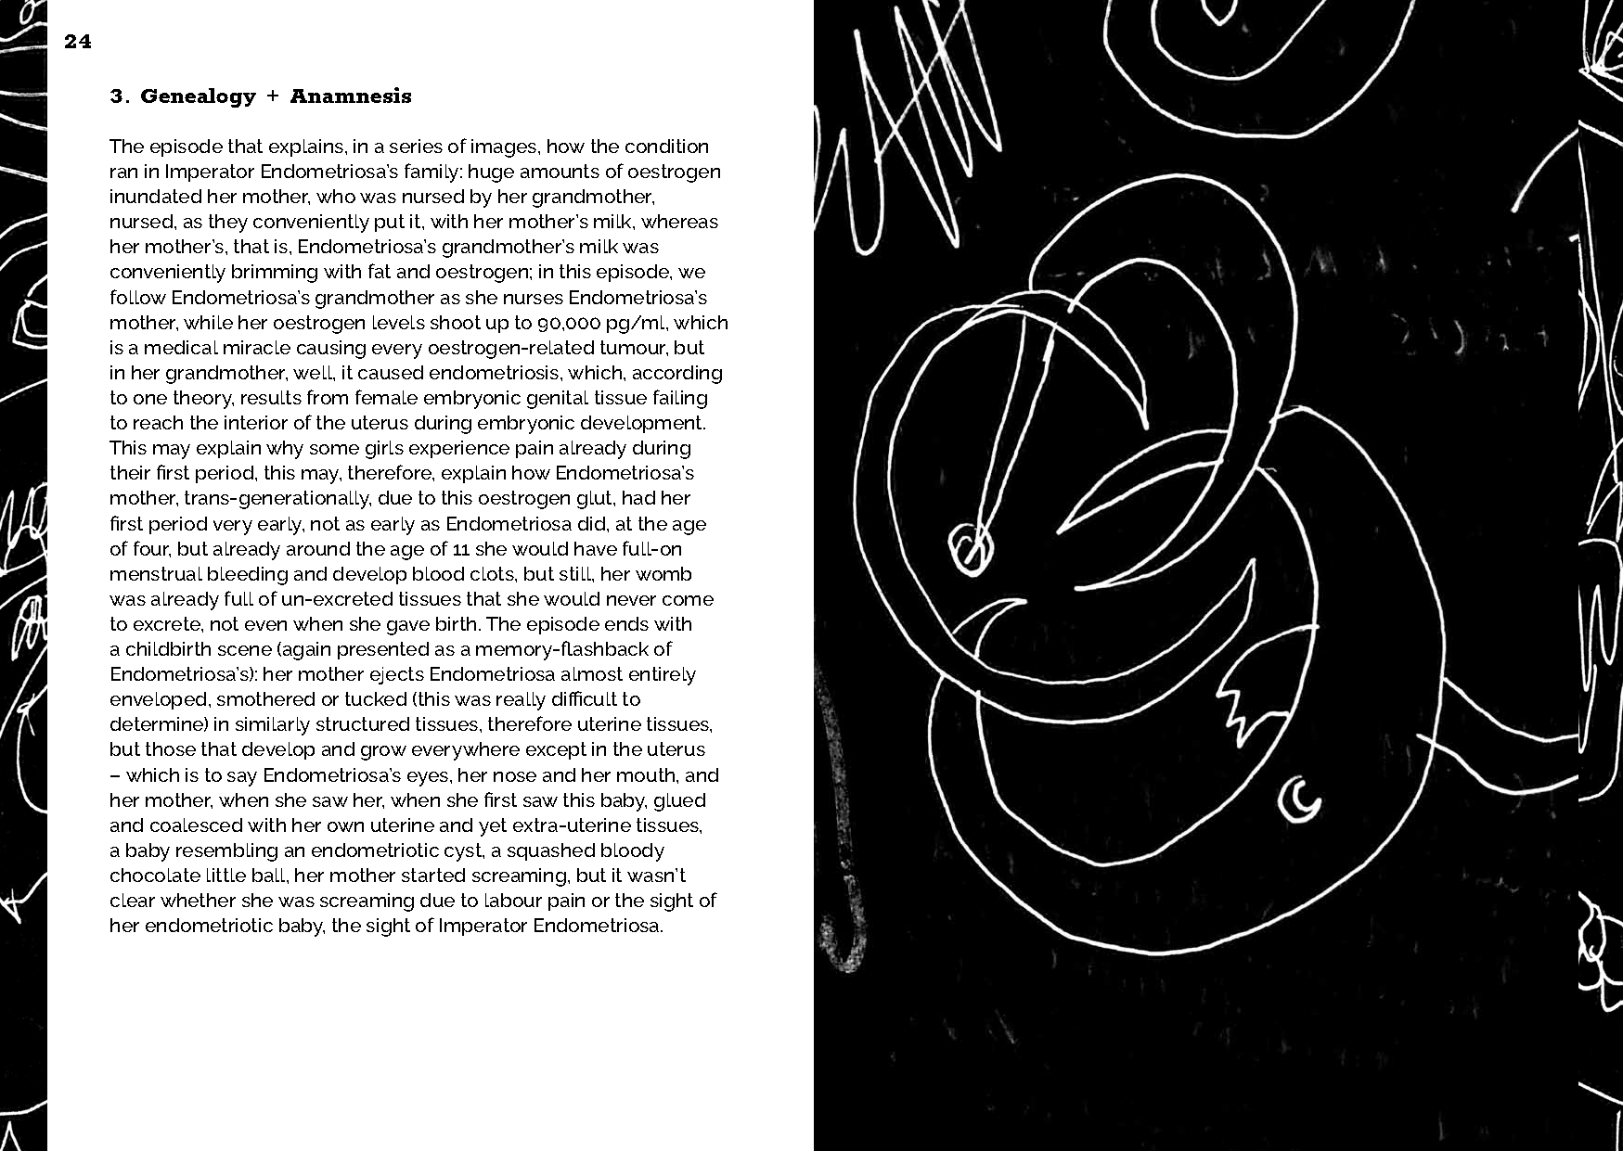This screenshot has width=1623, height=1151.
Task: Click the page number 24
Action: click(x=78, y=42)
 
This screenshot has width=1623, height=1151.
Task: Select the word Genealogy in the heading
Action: click(x=198, y=96)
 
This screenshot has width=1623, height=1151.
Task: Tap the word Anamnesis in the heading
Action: click(x=350, y=96)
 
